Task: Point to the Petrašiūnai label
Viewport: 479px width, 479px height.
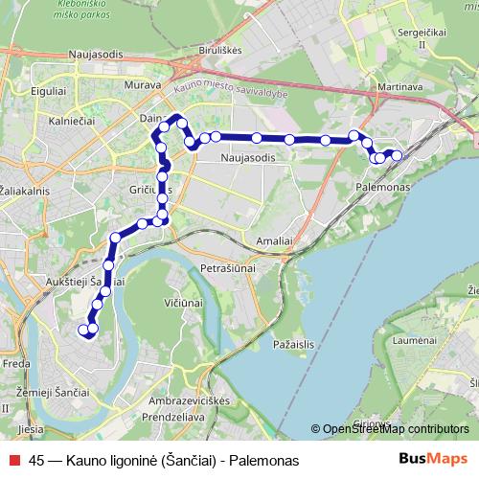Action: tap(227, 270)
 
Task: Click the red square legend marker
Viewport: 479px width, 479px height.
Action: tap(13, 461)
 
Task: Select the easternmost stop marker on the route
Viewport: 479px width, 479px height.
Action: tap(397, 155)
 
